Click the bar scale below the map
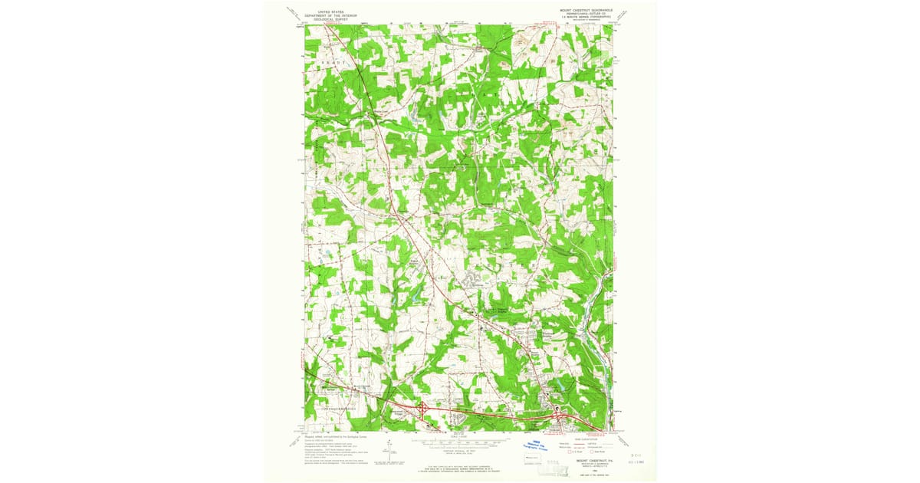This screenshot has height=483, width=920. point(460,442)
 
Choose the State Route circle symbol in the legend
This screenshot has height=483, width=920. point(591,452)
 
